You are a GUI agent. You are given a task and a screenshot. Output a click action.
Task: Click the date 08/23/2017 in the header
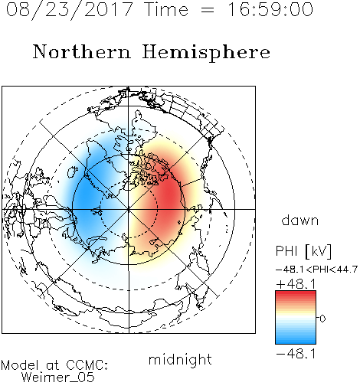coord(70,10)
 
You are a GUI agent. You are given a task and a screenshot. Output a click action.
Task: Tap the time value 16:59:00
coord(270,9)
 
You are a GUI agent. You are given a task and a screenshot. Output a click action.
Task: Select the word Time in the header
coord(166,9)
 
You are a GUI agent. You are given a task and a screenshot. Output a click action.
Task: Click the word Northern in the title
coord(82,52)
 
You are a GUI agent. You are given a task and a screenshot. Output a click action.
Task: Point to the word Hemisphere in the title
coord(206,53)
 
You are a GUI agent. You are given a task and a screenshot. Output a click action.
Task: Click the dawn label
coord(300,221)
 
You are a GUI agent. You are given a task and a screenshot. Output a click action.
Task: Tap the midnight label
coord(180,359)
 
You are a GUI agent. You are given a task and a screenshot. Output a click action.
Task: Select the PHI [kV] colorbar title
coord(303,251)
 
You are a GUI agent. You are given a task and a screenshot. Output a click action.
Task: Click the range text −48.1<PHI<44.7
coord(316,270)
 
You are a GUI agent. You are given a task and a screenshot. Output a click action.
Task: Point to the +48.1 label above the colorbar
coord(296,284)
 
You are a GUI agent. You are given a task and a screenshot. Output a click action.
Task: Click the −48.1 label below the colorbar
coord(296,354)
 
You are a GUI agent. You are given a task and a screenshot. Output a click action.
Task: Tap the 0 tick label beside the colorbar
coord(322,319)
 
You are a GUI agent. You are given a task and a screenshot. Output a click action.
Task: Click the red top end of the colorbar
coord(296,293)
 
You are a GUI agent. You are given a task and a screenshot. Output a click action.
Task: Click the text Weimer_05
coord(58,378)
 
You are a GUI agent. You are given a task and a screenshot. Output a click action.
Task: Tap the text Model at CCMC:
coord(54,365)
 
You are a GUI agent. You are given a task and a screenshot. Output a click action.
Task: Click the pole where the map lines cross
coord(129,209)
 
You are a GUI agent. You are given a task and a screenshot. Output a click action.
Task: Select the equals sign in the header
coord(208,10)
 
